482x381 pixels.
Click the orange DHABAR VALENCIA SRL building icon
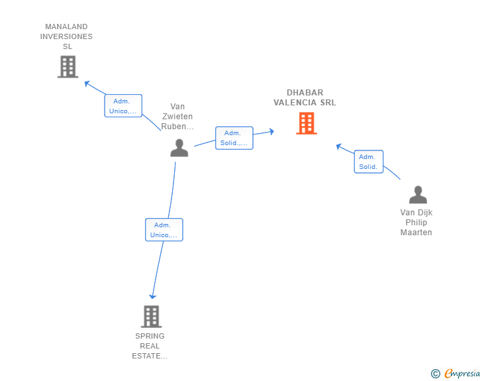click(307, 123)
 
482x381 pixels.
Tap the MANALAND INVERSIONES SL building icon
click(68, 66)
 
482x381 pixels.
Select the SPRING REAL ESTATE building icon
click(151, 316)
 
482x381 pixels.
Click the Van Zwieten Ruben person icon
click(179, 148)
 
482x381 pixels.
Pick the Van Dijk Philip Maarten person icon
click(418, 195)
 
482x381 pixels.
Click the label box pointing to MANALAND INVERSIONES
click(123, 106)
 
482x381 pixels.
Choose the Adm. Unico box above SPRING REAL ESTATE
click(164, 230)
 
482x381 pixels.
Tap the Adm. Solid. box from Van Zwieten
click(234, 138)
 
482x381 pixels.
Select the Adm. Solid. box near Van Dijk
click(369, 162)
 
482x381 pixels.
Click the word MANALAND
click(66, 27)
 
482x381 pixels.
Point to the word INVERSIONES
click(66, 36)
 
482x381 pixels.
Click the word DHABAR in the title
click(305, 93)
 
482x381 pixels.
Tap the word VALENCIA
click(295, 103)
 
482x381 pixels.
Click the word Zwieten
click(177, 117)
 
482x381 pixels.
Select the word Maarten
click(416, 233)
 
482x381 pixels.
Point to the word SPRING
click(150, 336)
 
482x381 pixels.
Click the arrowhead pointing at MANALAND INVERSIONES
click(87, 83)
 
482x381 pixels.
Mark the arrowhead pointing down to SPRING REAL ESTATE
click(153, 296)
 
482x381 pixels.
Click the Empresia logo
click(462, 374)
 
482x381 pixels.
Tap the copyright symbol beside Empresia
click(436, 374)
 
